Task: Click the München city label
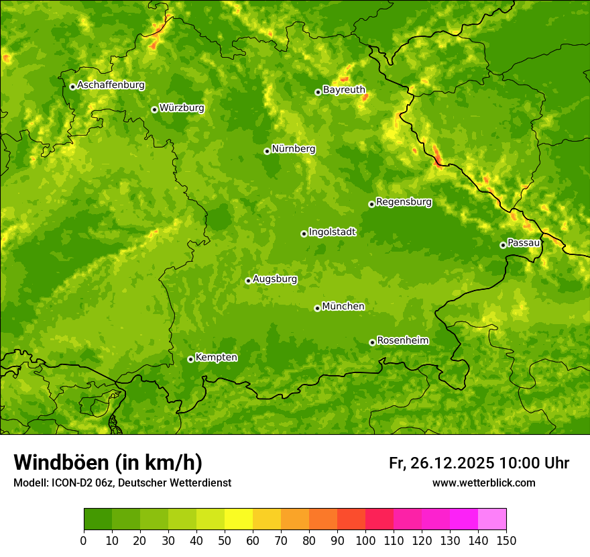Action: [x=343, y=307]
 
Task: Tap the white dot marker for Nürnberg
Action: [x=267, y=151]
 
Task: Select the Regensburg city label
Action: [x=404, y=202]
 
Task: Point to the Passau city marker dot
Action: [x=503, y=245]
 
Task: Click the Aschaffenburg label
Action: [x=111, y=85]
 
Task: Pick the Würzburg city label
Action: [x=182, y=108]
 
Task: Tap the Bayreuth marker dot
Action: [x=318, y=92]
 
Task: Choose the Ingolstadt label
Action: [x=332, y=232]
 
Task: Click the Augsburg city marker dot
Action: [x=248, y=281]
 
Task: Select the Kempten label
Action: [x=216, y=358]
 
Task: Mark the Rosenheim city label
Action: [x=402, y=341]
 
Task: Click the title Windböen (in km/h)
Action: [x=108, y=462]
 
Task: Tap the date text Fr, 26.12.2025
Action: [x=441, y=463]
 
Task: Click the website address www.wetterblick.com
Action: [x=483, y=483]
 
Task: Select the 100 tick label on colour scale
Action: [x=365, y=540]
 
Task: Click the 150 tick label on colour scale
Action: [x=506, y=540]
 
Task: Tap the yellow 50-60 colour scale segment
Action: [x=239, y=519]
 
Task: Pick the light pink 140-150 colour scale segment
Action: [x=492, y=519]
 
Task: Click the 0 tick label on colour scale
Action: [x=84, y=540]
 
